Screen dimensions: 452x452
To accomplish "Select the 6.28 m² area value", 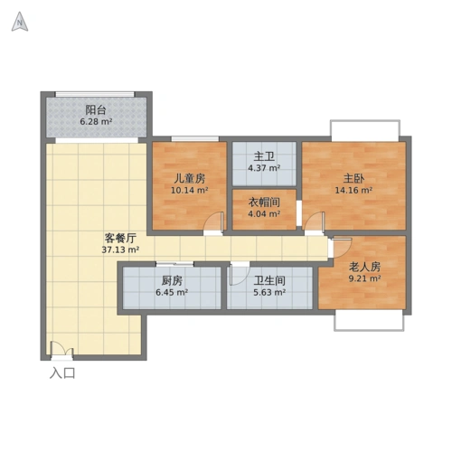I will (x=95, y=122).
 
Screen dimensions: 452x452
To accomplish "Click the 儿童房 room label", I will (x=190, y=178).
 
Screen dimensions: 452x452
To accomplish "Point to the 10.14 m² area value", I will (x=190, y=191).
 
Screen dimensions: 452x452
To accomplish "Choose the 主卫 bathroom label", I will (x=264, y=155).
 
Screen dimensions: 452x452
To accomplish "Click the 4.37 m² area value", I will (x=264, y=167).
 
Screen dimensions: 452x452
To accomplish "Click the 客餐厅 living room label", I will (x=119, y=238).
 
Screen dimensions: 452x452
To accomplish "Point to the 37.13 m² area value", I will (x=119, y=250).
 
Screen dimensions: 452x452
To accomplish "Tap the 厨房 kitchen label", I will (x=171, y=280).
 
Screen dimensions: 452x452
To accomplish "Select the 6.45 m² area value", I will (x=171, y=293).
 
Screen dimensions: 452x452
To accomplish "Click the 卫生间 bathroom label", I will (x=269, y=280).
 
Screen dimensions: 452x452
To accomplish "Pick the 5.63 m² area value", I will (x=269, y=293).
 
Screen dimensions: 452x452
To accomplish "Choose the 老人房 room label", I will (x=364, y=267).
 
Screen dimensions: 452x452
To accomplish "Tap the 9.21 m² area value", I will (x=364, y=279).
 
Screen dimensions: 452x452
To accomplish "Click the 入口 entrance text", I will (x=61, y=372).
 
